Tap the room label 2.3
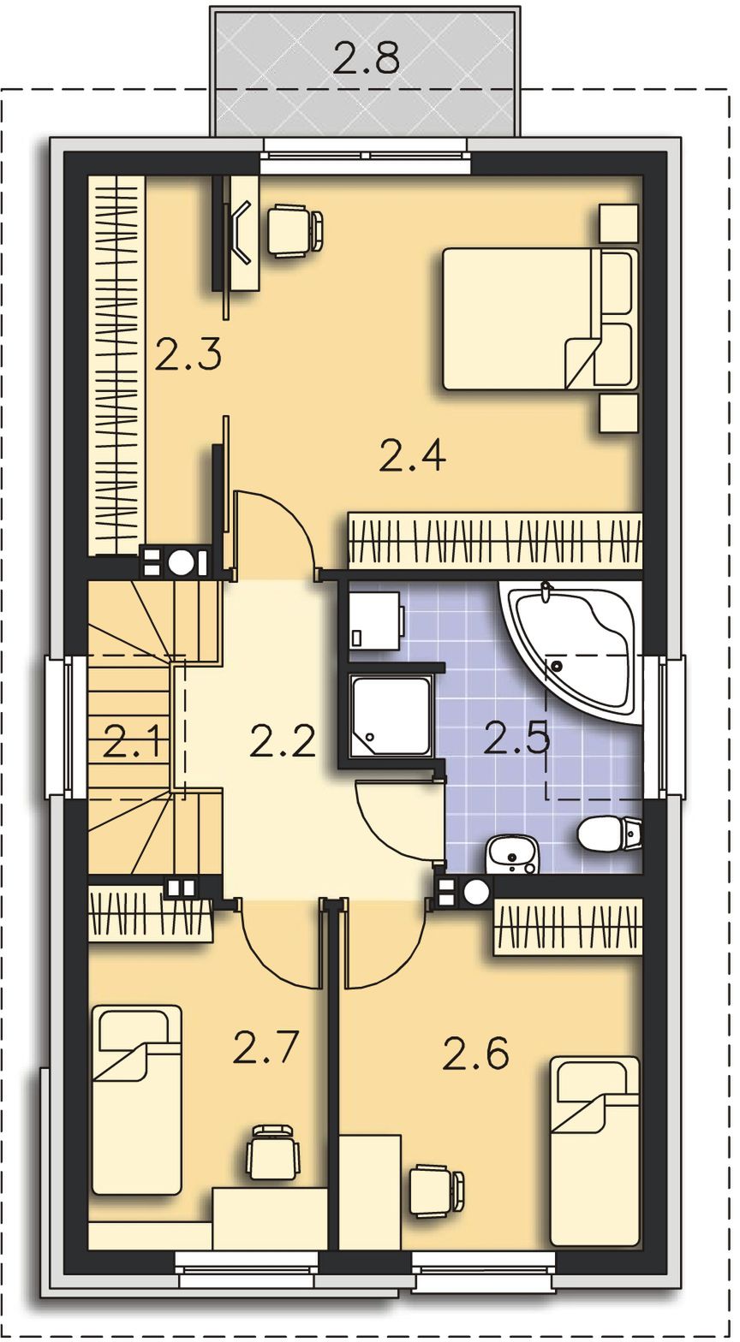188,353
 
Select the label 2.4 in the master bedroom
413,455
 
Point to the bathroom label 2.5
516,738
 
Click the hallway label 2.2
283,740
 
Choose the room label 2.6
475,1054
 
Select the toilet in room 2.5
610,834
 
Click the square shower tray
391,716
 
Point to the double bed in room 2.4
540,319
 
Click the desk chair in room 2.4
295,231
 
